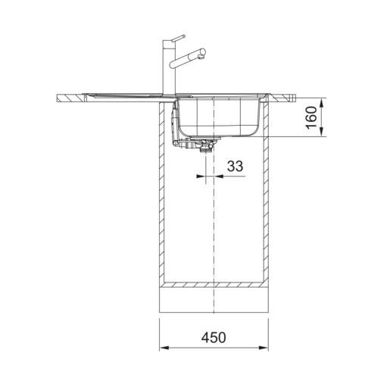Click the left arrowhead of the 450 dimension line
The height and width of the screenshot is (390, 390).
coord(164,348)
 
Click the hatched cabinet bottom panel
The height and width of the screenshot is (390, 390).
coord(214,285)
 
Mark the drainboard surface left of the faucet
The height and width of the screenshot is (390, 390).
coord(121,94)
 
